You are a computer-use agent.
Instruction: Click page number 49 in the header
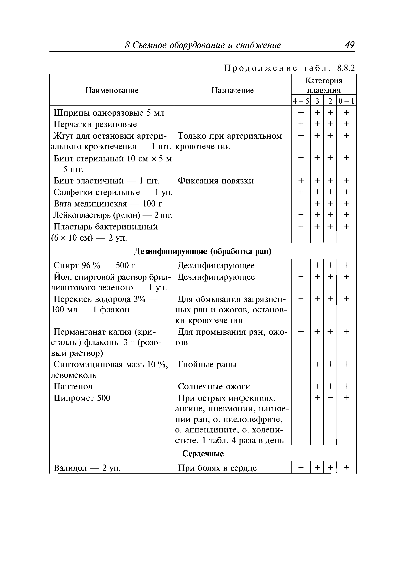(350, 45)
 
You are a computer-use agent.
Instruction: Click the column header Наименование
(112, 90)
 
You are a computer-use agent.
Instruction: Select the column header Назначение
(232, 90)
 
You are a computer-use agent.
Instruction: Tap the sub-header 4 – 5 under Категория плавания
(301, 101)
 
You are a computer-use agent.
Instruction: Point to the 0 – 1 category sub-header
(346, 101)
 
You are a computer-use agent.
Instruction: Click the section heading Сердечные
(203, 454)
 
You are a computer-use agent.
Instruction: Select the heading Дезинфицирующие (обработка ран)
(203, 251)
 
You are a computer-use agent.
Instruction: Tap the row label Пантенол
(73, 386)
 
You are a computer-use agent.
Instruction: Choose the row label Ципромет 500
(82, 398)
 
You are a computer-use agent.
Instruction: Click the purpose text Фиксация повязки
(216, 181)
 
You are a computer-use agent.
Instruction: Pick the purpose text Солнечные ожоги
(214, 386)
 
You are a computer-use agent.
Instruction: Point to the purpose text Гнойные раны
(207, 364)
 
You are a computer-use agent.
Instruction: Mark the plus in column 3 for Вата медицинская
(317, 203)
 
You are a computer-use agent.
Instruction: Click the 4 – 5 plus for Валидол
(301, 467)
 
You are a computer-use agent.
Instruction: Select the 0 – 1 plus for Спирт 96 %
(346, 265)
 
